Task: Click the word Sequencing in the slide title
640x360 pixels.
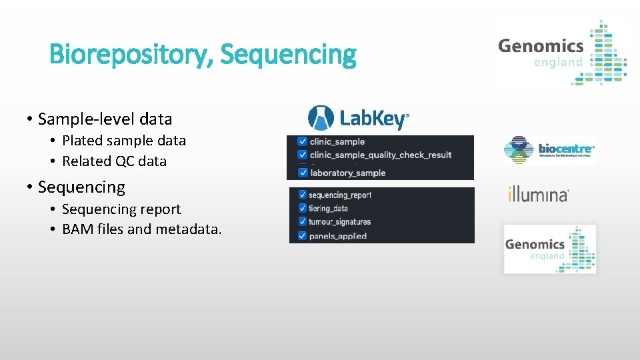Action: click(x=288, y=55)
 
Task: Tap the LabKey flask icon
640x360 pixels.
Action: click(x=321, y=118)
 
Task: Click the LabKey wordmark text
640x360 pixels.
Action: click(x=373, y=119)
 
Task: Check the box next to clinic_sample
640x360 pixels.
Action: click(x=303, y=142)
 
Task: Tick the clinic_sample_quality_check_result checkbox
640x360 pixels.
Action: click(x=303, y=155)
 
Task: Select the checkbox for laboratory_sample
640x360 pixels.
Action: click(x=303, y=173)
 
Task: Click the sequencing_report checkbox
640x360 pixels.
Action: click(x=303, y=195)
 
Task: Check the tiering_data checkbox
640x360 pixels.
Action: click(x=303, y=209)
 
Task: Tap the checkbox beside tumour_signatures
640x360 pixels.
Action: click(x=303, y=222)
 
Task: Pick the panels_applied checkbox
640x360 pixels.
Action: click(x=303, y=236)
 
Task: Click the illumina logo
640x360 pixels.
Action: click(x=539, y=195)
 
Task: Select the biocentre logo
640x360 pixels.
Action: click(x=549, y=149)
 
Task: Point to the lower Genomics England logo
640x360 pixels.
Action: click(x=549, y=249)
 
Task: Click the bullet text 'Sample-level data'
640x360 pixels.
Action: click(x=105, y=119)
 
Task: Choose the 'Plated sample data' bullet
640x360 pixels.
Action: click(x=123, y=141)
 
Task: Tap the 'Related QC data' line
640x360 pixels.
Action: click(x=114, y=161)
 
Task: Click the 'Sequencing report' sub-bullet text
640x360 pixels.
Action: click(x=121, y=209)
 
